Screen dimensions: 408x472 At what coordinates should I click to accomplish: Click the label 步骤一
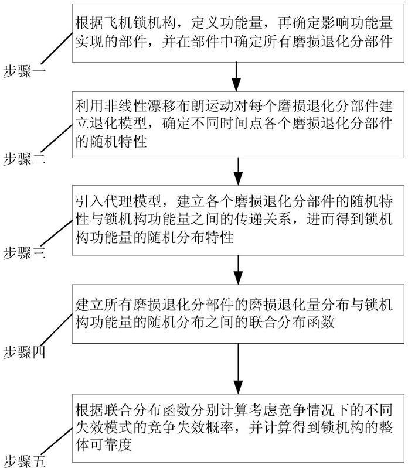24,71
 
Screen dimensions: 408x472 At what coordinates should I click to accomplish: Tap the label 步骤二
24,159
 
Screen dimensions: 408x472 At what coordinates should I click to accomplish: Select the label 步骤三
24,252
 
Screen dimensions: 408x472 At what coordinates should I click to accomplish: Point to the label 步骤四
24,351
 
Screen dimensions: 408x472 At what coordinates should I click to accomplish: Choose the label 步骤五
24,461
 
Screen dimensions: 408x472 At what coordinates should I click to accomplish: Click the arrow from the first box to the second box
237,77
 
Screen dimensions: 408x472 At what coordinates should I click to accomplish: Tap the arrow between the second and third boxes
238,171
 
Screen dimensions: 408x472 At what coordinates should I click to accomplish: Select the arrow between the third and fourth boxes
238,270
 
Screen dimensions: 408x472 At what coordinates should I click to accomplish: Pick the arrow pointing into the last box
238,368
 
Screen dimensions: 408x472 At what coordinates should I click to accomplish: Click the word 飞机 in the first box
119,23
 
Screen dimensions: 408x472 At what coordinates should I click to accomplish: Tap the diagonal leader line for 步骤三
57,233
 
